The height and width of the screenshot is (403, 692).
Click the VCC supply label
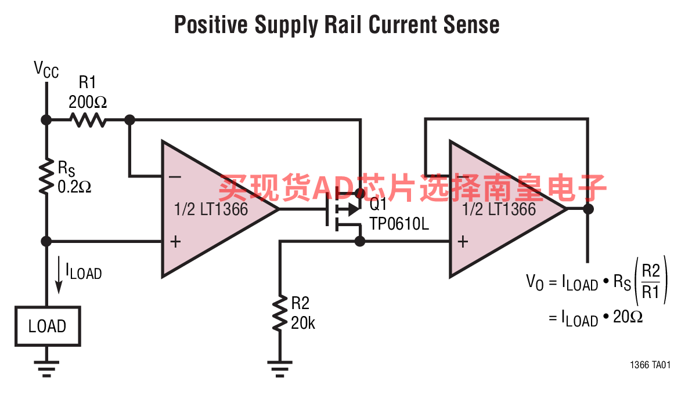point(46,70)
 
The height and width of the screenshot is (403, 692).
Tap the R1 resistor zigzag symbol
point(88,119)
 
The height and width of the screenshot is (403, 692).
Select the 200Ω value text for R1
point(88,102)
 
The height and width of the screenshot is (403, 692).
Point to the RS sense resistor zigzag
point(46,177)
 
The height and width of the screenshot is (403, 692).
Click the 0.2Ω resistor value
point(74,187)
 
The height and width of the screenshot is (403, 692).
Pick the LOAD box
point(48,326)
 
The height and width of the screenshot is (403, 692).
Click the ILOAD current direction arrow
point(58,275)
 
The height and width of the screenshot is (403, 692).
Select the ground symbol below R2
point(279,368)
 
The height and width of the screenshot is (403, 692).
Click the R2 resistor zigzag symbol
point(280,313)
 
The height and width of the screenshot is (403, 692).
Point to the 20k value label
point(303,323)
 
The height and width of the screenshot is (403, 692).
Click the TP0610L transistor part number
point(399,224)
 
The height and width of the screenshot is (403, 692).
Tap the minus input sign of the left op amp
point(175,177)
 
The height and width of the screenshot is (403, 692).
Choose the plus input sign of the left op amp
point(176,242)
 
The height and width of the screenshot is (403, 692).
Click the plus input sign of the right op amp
point(463,242)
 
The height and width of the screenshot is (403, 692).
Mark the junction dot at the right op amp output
point(588,209)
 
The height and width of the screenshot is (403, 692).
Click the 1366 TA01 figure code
point(650,365)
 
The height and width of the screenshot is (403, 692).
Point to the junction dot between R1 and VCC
point(46,119)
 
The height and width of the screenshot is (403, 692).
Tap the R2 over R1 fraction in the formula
point(651,281)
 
